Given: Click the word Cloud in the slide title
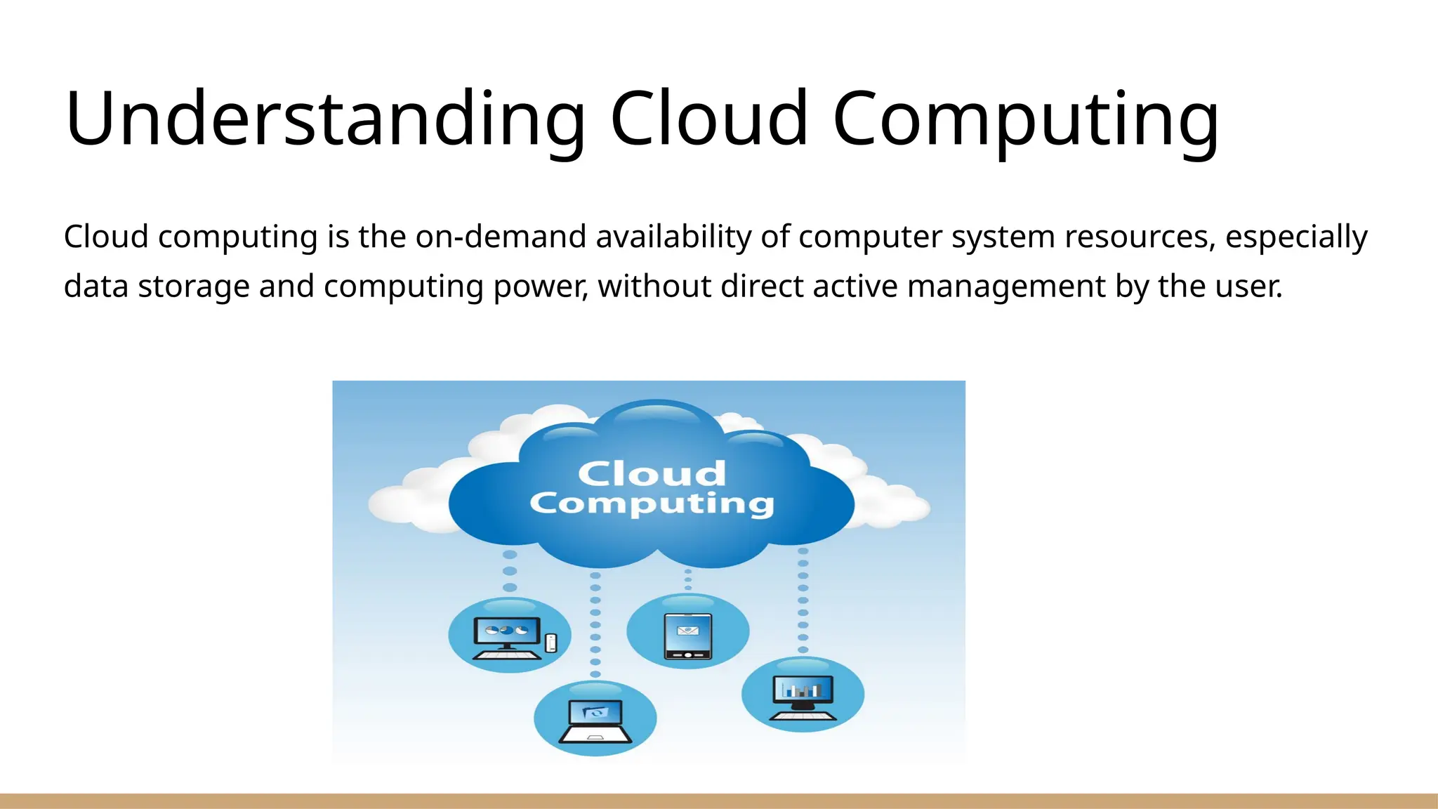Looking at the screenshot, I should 709,119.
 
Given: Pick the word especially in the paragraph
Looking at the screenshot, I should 1296,238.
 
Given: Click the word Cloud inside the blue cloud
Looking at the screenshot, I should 652,473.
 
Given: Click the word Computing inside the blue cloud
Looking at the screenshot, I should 652,504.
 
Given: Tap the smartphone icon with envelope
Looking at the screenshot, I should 687,636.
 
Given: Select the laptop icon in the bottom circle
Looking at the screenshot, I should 595,721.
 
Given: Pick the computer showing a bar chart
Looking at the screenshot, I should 803,696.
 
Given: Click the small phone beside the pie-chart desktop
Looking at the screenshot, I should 551,642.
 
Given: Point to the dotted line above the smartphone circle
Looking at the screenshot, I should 687,579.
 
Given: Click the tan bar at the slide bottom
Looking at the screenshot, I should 719,801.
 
